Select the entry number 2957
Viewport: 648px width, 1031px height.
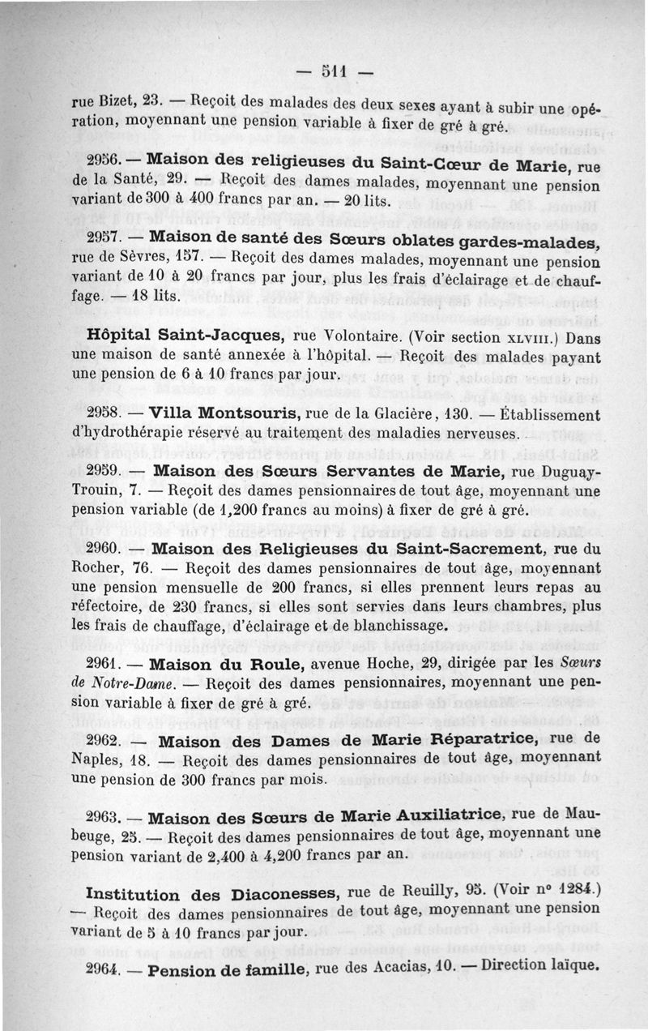(103, 241)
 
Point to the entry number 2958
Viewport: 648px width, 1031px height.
(103, 414)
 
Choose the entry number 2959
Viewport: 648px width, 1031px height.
(103, 472)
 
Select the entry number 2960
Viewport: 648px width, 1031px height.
(103, 550)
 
